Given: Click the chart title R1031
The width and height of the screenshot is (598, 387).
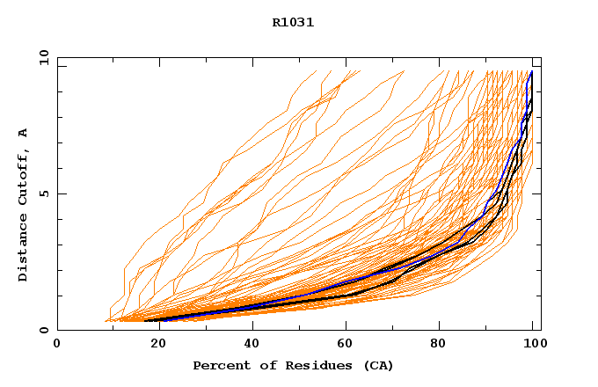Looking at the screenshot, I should pyautogui.click(x=293, y=23).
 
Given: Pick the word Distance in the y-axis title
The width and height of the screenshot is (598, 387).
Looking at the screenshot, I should pyautogui.click(x=24, y=248).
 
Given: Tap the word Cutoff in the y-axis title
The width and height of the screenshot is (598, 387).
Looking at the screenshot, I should pyautogui.click(x=24, y=179).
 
